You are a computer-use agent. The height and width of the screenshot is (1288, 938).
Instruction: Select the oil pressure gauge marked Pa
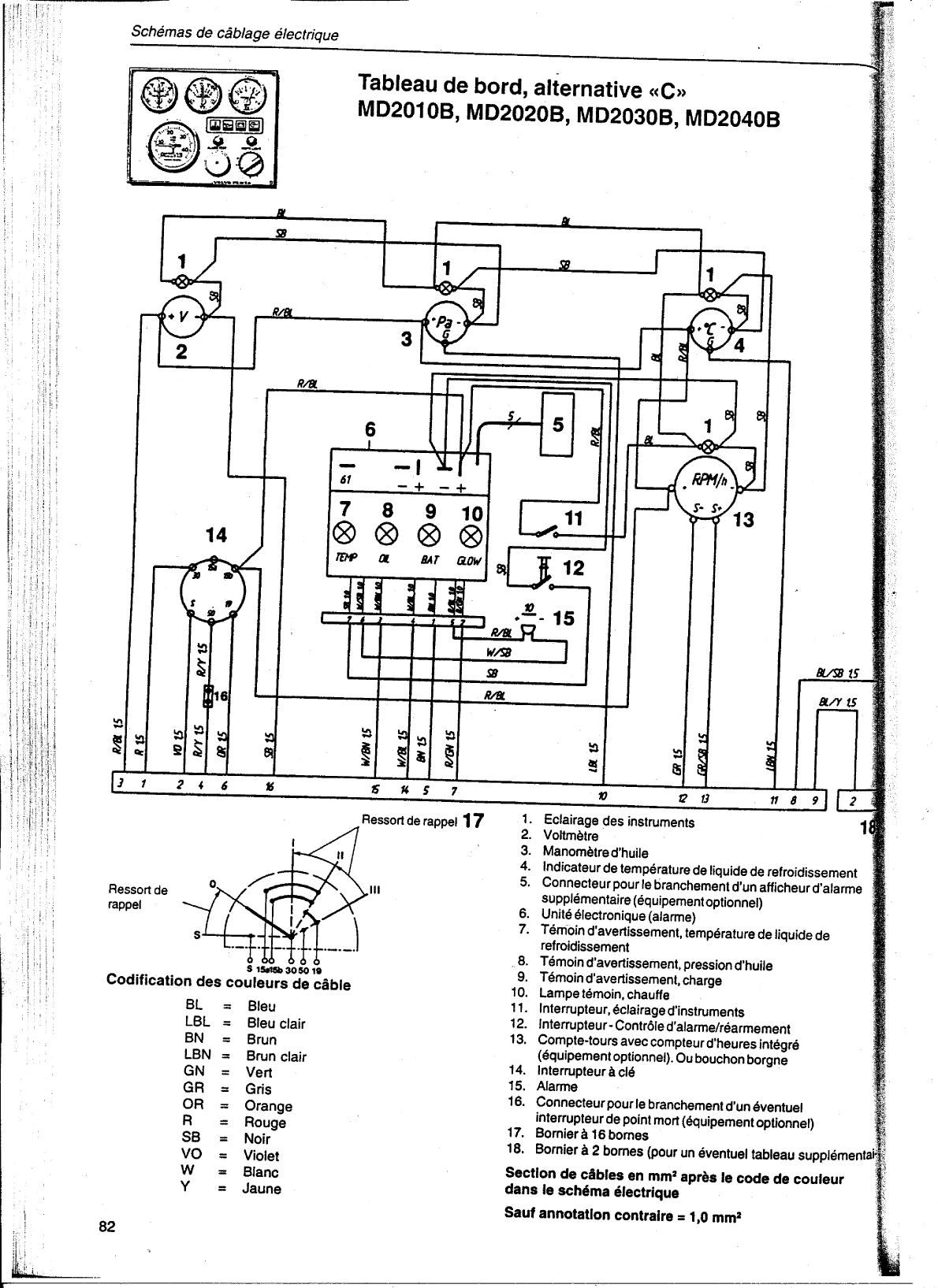[446, 324]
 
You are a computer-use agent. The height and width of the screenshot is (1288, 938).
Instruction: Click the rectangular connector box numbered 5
[557, 425]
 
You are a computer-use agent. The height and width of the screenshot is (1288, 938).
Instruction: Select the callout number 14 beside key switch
[216, 536]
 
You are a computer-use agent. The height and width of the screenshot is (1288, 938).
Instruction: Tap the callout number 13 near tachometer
[743, 520]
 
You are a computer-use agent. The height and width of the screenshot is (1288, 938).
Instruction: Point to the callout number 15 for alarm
[564, 618]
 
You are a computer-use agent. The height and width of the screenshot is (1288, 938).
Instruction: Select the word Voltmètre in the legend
[570, 836]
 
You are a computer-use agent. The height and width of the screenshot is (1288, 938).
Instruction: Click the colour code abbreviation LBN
[198, 1056]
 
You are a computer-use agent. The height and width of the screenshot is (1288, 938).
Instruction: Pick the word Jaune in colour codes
[261, 1189]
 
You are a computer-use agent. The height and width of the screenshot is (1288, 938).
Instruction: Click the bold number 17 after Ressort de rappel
[472, 821]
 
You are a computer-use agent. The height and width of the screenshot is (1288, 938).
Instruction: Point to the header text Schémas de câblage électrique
[235, 35]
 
